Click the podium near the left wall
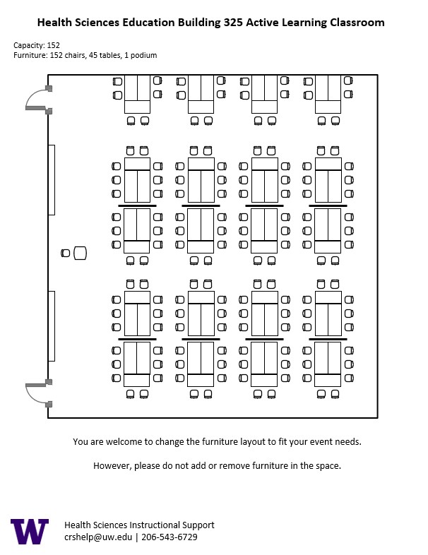[80, 253]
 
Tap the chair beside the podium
[66, 253]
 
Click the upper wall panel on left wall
[52, 179]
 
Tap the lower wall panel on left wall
[52, 326]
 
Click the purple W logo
[30, 531]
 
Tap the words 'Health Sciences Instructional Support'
[139, 525]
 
